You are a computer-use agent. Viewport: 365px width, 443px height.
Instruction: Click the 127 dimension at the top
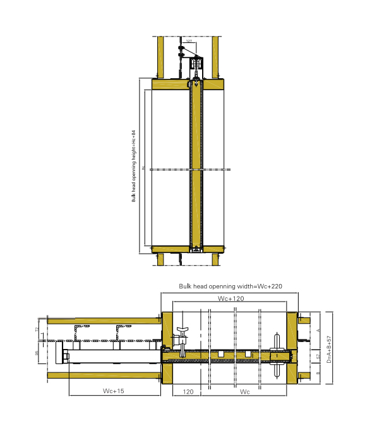point(189,41)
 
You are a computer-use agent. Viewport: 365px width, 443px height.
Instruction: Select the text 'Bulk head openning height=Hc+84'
point(134,166)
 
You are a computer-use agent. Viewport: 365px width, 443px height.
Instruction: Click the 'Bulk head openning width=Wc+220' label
point(230,286)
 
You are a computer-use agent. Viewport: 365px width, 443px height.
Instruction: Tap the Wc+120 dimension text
point(230,298)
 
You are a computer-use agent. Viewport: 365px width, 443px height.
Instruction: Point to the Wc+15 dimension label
point(114,391)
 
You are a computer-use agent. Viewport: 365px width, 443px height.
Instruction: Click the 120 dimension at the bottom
point(188,391)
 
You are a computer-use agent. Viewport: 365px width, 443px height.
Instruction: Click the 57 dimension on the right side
point(318,357)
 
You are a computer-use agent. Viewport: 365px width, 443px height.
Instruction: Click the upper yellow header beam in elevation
point(188,85)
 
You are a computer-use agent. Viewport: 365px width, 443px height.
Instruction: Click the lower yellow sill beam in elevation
point(188,249)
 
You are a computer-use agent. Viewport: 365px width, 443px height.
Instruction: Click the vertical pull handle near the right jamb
point(278,356)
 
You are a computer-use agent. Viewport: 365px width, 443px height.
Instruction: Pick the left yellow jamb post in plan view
point(167,347)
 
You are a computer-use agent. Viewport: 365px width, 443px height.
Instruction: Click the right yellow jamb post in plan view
point(292,347)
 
